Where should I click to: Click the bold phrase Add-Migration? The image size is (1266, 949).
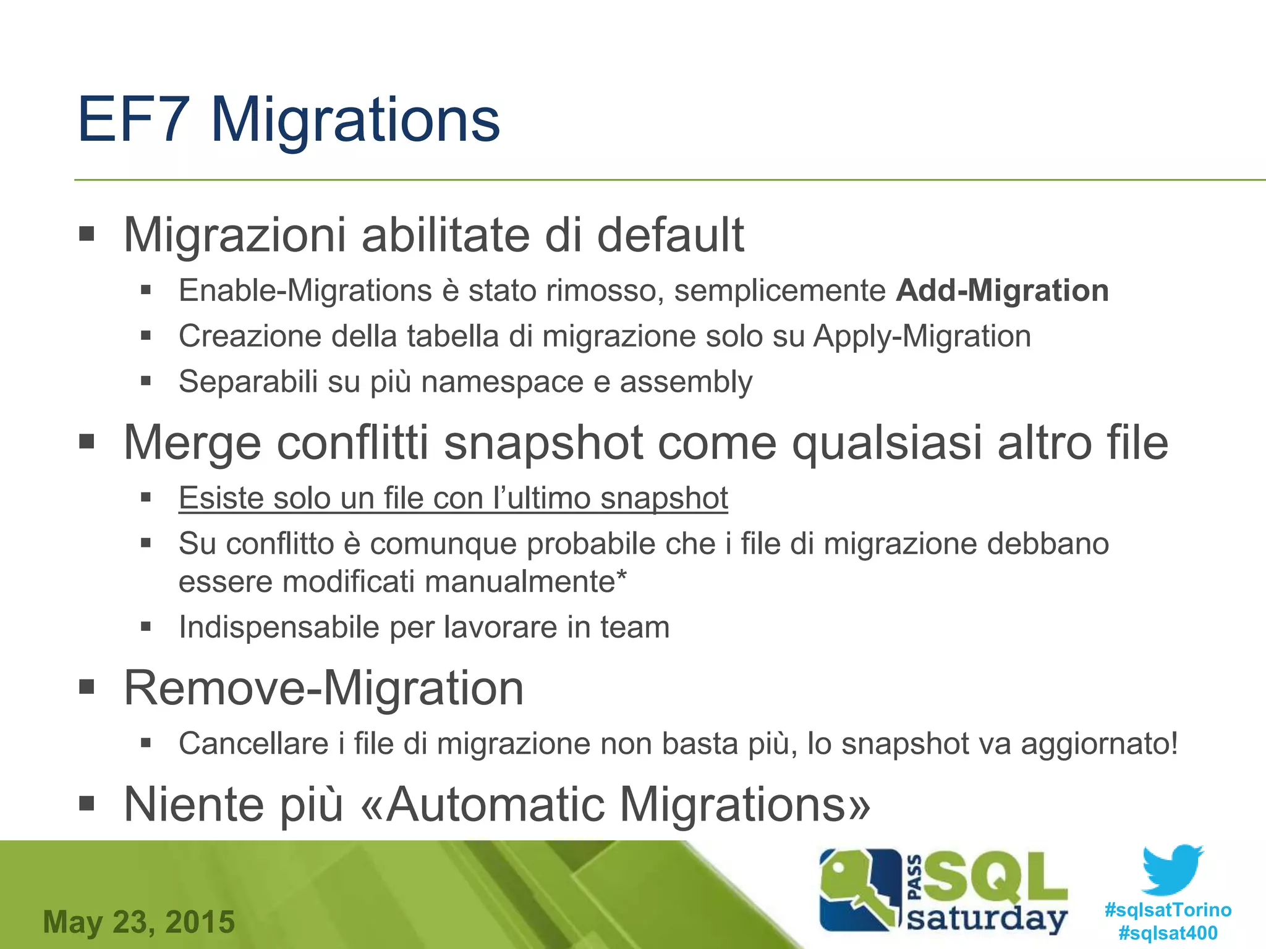click(1002, 290)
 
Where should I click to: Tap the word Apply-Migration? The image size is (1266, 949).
click(922, 337)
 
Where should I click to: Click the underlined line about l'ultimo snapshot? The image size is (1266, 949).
click(453, 498)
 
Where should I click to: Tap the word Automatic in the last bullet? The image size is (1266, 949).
click(495, 804)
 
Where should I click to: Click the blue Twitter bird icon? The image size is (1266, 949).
click(1172, 869)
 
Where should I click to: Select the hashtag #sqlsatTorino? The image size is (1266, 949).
click(1168, 909)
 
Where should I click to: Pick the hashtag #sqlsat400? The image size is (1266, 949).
click(1168, 932)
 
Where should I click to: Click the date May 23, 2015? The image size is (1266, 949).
click(139, 922)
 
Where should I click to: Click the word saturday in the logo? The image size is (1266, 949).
click(987, 919)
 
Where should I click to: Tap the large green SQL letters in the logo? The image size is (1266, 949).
click(995, 877)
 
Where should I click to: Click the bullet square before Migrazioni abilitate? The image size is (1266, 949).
click(87, 234)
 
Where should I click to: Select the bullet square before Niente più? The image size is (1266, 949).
click(87, 804)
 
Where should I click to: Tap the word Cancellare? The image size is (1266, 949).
click(253, 743)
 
